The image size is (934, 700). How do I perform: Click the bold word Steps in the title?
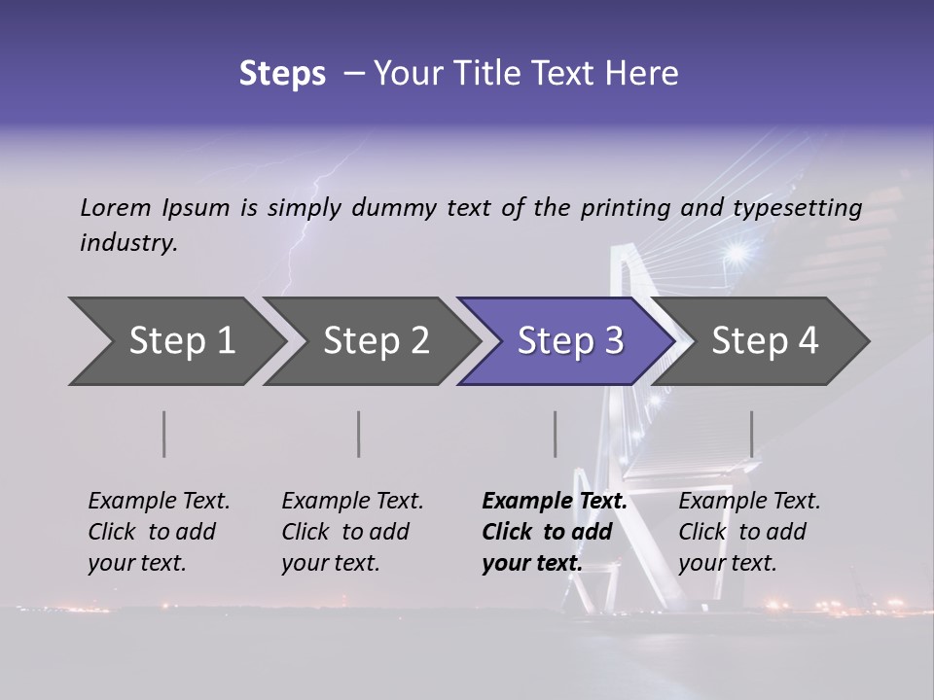(x=282, y=74)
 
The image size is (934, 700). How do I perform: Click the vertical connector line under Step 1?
(x=164, y=434)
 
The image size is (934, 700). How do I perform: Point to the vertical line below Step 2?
(x=359, y=434)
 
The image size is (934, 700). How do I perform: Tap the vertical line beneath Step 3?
(x=555, y=434)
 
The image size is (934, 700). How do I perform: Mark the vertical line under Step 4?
(x=751, y=434)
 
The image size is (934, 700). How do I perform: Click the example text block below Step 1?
(x=159, y=532)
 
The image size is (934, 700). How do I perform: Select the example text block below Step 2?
(x=352, y=532)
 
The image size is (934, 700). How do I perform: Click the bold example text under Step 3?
(x=555, y=532)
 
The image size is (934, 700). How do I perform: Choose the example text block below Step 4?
(x=749, y=532)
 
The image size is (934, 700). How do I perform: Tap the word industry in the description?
(x=127, y=243)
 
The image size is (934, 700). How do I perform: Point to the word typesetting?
(x=797, y=208)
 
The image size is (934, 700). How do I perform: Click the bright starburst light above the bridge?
(x=736, y=255)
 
